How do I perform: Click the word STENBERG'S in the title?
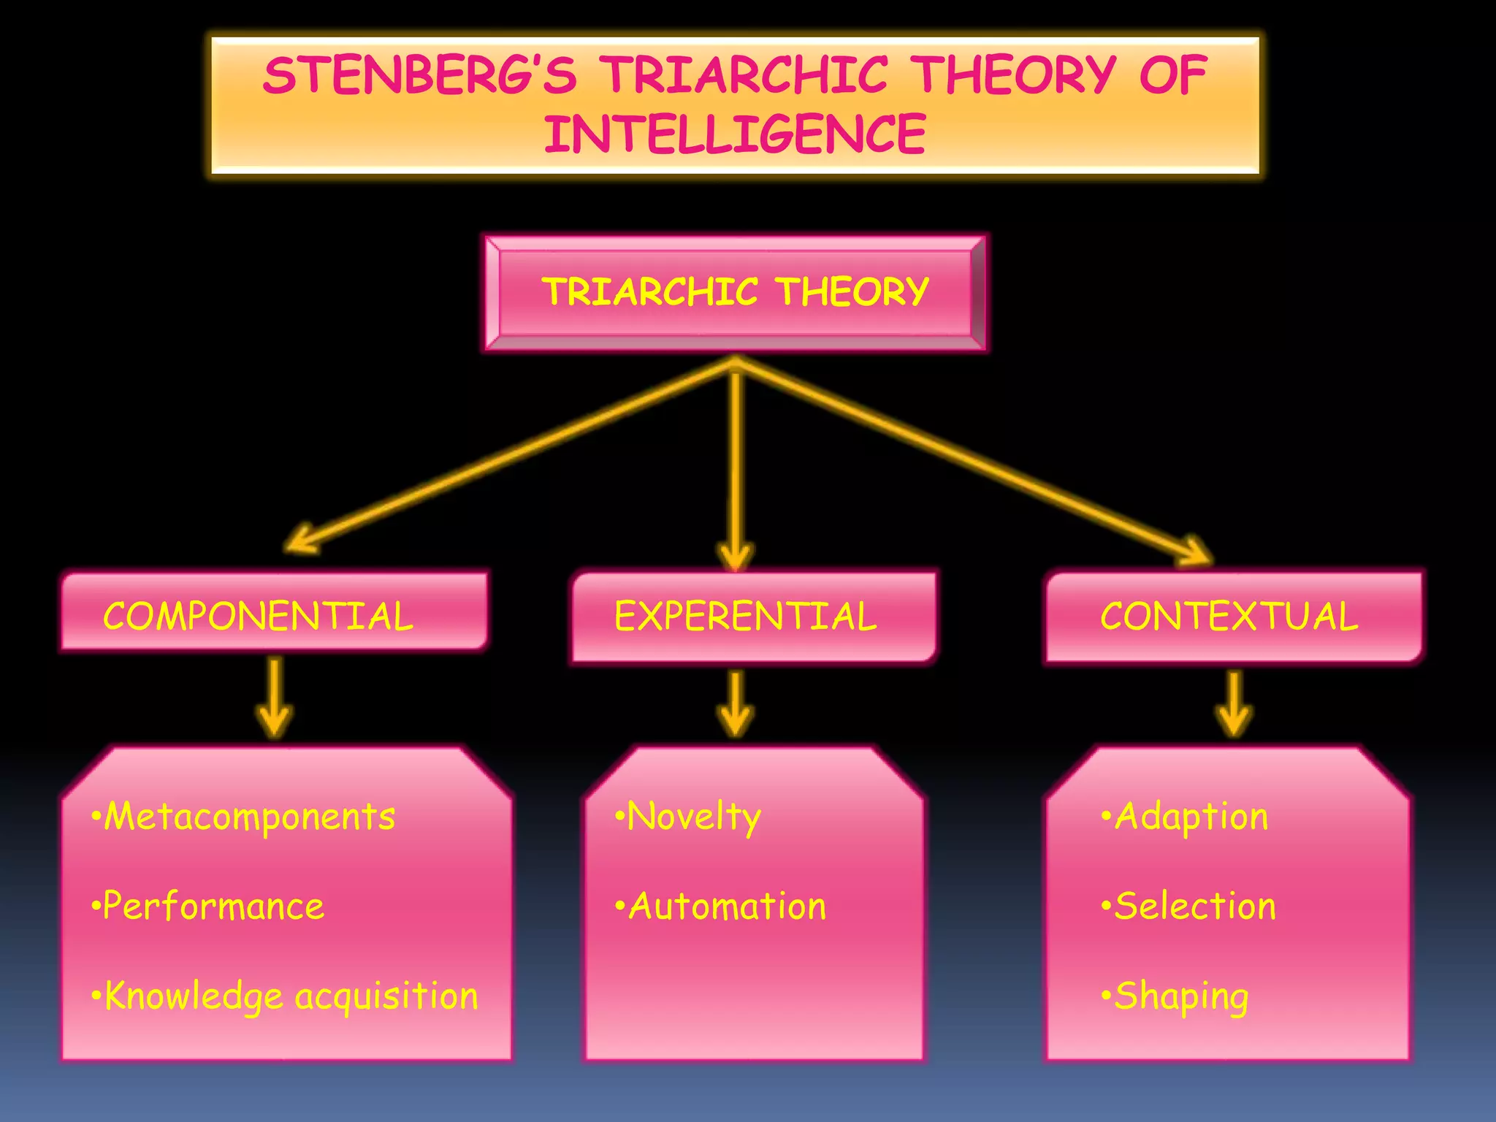[419, 75]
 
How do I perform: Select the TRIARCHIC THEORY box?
[735, 292]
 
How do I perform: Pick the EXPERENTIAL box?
[752, 617]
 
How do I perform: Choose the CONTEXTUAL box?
[1233, 617]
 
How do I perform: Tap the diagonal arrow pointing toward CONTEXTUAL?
[972, 460]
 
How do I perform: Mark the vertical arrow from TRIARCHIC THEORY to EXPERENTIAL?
[736, 467]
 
